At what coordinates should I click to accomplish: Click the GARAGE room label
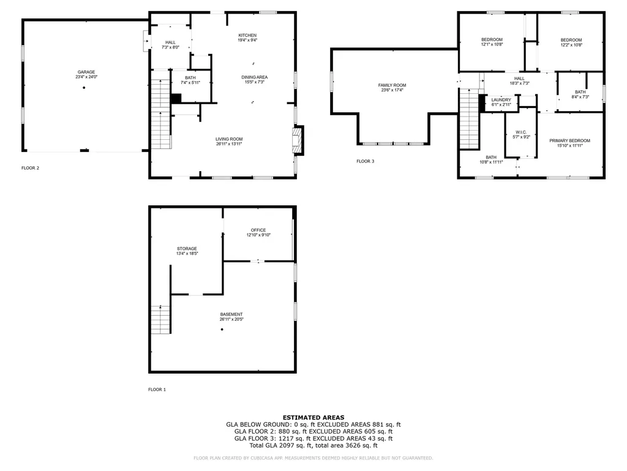(x=86, y=72)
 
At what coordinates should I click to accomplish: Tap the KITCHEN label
(x=247, y=36)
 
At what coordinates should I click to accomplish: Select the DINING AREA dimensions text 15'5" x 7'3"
(x=254, y=82)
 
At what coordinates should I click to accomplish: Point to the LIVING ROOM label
(x=229, y=139)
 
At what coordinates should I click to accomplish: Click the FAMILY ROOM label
(x=392, y=85)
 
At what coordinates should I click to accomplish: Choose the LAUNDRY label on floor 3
(x=501, y=100)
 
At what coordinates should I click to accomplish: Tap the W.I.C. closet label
(x=521, y=132)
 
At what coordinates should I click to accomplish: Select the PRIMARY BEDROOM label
(x=569, y=140)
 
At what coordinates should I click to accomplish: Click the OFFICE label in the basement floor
(x=258, y=230)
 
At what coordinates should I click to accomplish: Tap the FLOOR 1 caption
(x=157, y=389)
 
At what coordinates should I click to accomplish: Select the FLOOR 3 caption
(x=365, y=161)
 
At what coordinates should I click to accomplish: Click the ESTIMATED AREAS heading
(x=313, y=417)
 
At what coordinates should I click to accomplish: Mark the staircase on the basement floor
(x=160, y=320)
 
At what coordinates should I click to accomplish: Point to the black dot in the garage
(x=84, y=88)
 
